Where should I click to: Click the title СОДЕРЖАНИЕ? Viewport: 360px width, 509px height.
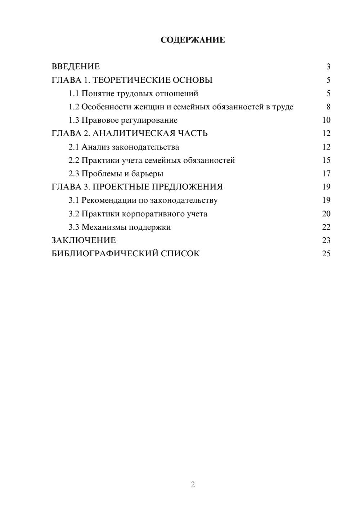pyautogui.click(x=193, y=40)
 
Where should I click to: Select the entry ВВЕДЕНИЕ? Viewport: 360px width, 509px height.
pyautogui.click(x=76, y=67)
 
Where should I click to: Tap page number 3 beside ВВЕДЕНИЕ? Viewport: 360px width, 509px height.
pyautogui.click(x=328, y=67)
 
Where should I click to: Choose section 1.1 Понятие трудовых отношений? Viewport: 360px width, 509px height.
pyautogui.click(x=133, y=94)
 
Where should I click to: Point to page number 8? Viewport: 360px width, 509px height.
pyautogui.click(x=328, y=107)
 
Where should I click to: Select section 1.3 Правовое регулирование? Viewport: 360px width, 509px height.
pyautogui.click(x=123, y=120)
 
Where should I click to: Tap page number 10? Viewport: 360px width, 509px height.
pyautogui.click(x=326, y=120)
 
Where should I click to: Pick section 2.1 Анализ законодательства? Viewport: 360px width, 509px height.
pyautogui.click(x=124, y=147)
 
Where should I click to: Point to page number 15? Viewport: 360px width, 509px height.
pyautogui.click(x=326, y=160)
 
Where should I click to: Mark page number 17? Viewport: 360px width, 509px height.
pyautogui.click(x=326, y=174)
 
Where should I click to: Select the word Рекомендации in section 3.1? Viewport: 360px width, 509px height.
pyautogui.click(x=109, y=200)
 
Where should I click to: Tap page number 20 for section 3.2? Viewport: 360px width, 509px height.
pyautogui.click(x=326, y=214)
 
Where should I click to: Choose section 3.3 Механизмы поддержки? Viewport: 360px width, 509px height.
pyautogui.click(x=120, y=227)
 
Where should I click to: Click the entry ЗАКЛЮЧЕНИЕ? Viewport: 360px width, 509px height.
pyautogui.click(x=84, y=240)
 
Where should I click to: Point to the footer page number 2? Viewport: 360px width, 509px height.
pyautogui.click(x=193, y=485)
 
